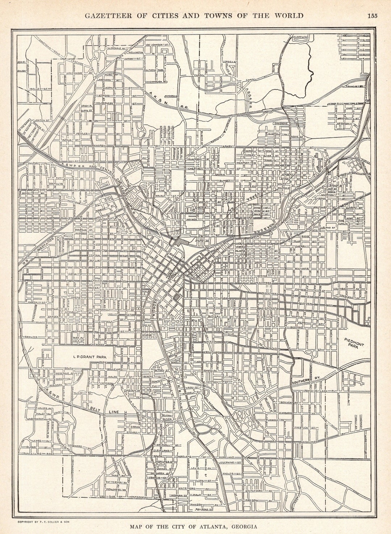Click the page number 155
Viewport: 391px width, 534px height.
372,15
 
